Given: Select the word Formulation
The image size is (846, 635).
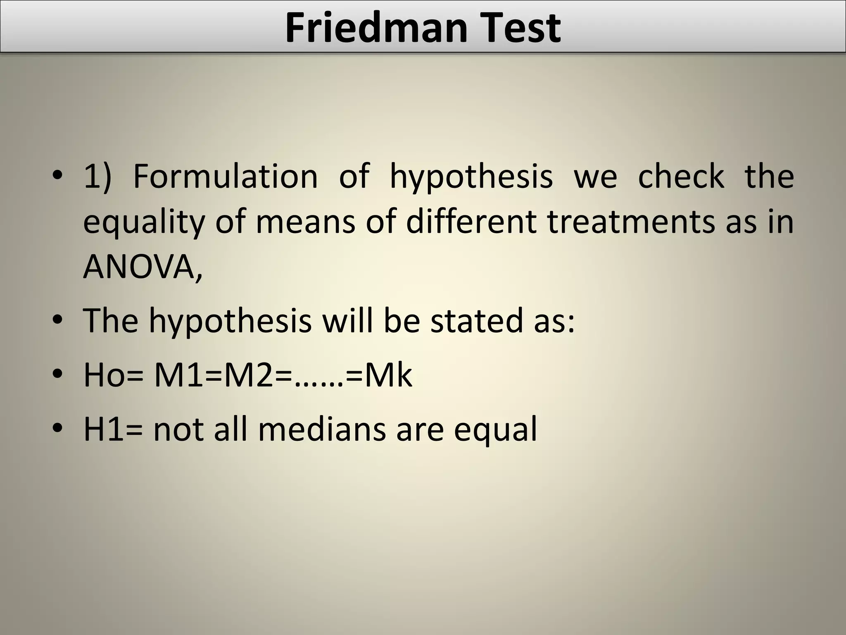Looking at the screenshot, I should [x=225, y=176].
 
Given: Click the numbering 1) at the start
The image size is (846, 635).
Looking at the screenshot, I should [x=97, y=176].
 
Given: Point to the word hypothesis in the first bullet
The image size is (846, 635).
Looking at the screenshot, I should [x=471, y=178].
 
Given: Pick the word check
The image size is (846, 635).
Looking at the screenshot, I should [x=681, y=176].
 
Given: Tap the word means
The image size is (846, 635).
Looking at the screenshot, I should [x=305, y=222].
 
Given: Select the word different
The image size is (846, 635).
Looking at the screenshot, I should [x=471, y=222].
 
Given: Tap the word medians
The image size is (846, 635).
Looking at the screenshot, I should [x=322, y=429].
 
